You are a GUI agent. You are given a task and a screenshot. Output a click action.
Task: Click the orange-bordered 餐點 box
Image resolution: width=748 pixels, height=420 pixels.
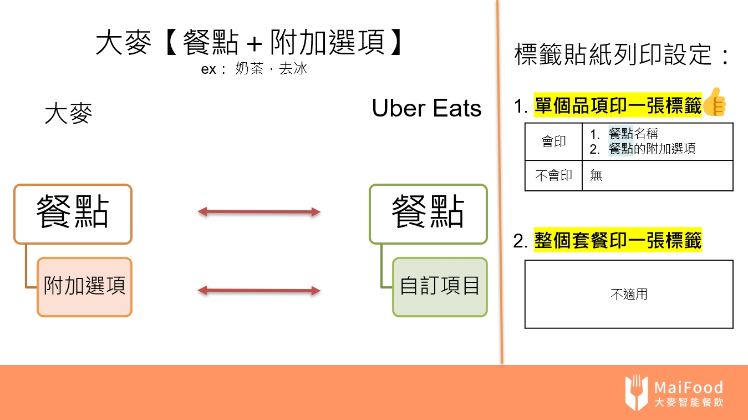[x=73, y=214]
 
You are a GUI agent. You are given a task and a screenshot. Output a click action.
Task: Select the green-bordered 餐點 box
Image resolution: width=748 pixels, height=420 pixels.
[x=428, y=214]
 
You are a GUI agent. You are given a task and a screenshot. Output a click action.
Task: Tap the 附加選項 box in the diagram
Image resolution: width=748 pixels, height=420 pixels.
[x=84, y=287]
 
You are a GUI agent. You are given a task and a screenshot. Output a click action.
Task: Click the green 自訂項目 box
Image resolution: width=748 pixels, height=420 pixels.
[x=440, y=287]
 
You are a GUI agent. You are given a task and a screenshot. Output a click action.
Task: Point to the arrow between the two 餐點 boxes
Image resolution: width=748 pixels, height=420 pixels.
[x=259, y=211]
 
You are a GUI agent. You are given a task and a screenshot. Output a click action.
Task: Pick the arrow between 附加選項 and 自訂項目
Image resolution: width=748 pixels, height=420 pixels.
[x=259, y=290]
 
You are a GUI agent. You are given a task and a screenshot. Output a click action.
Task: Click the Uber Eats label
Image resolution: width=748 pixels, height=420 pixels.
[x=426, y=108]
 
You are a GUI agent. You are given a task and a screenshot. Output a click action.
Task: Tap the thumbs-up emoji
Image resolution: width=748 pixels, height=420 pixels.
[x=715, y=102]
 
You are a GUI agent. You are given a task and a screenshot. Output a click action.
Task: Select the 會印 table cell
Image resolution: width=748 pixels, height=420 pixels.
[x=553, y=142]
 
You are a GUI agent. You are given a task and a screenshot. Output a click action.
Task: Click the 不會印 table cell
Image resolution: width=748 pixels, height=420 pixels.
[x=553, y=176]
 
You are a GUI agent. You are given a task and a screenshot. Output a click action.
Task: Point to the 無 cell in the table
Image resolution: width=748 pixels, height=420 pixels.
[x=596, y=176]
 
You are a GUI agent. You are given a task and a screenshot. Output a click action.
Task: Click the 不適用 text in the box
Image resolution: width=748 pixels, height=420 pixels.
[x=629, y=294]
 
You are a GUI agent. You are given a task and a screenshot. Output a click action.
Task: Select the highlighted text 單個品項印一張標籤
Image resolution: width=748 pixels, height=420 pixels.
[x=618, y=105]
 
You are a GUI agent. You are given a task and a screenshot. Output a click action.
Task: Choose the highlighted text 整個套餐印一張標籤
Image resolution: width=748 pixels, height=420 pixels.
[x=618, y=241]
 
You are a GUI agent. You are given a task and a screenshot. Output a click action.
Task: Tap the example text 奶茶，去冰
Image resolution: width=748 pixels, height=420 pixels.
[x=271, y=70]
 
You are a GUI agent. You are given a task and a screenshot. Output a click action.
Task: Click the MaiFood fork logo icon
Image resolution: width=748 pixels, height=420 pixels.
[x=637, y=392]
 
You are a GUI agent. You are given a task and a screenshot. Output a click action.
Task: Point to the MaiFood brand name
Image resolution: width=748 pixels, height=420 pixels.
[x=688, y=387]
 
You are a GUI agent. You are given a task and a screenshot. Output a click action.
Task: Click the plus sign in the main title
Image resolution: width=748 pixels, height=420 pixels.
[x=255, y=44]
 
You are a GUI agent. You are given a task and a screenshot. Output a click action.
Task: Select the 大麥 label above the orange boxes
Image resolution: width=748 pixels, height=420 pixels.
[x=68, y=114]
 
